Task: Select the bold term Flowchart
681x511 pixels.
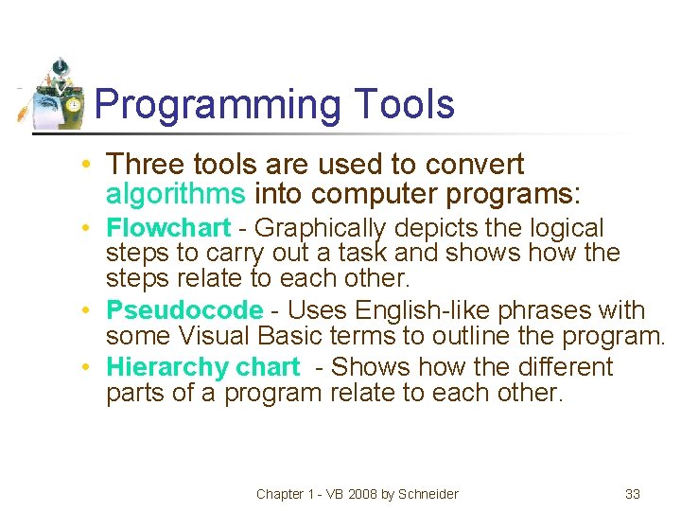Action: coord(168,228)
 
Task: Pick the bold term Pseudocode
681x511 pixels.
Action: coord(183,310)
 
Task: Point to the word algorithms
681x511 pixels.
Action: coord(176,194)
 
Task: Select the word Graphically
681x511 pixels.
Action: coord(321,228)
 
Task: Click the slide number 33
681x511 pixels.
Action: coord(633,494)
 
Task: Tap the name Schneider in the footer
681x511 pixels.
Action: coord(427,494)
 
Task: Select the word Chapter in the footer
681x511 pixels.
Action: coord(280,494)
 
